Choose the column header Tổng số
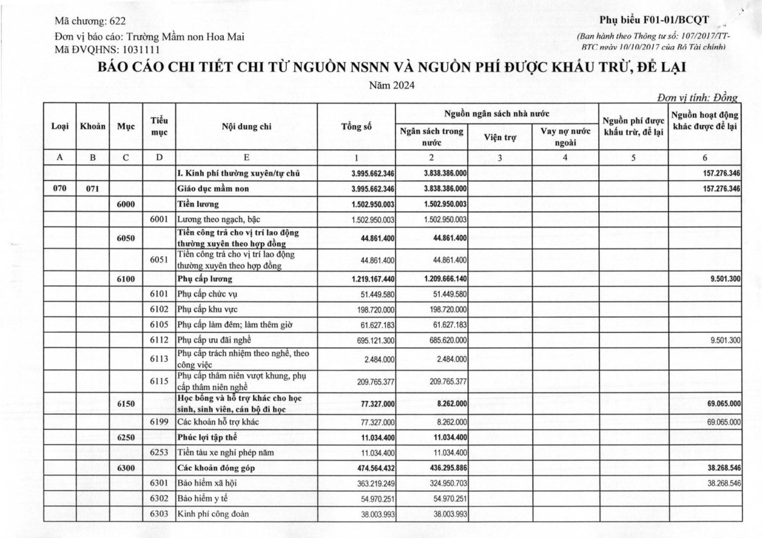359,127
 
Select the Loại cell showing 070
59,189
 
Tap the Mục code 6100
126,279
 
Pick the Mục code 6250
126,437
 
